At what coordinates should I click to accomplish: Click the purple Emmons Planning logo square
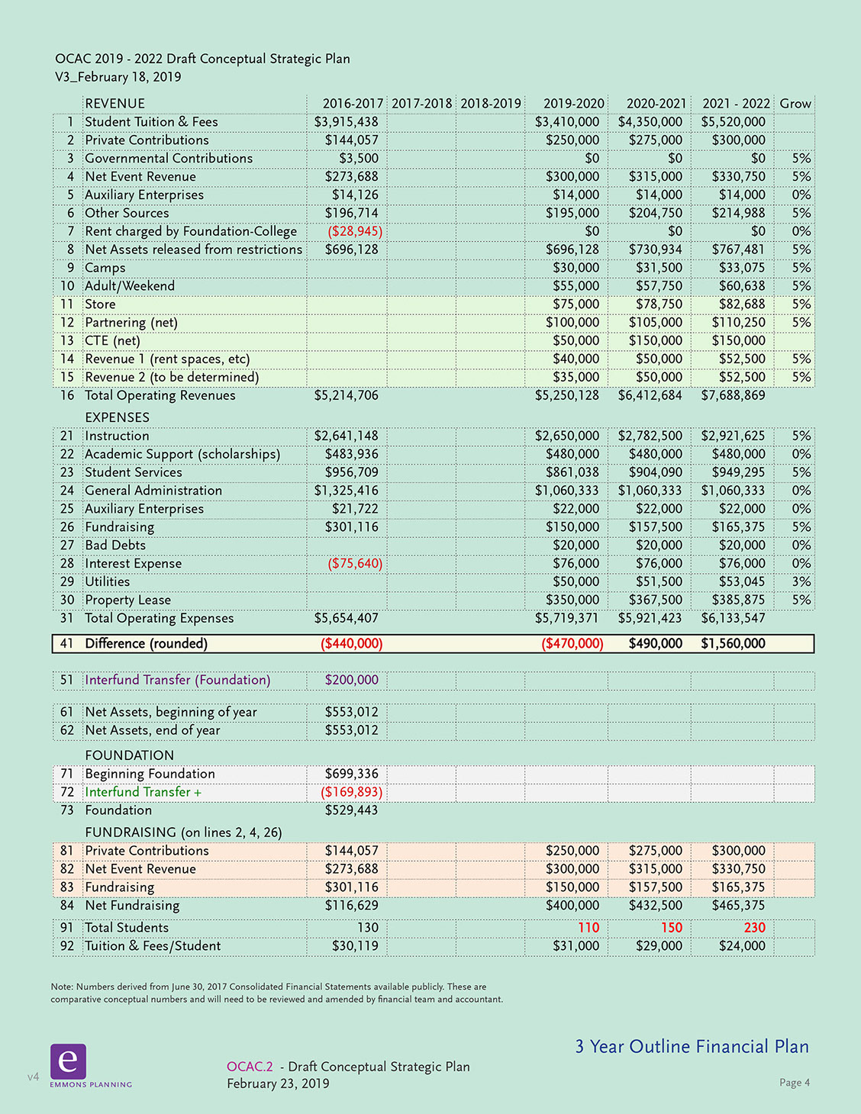68,1061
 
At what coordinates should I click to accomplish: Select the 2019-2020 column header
573,104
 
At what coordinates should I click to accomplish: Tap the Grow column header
795,104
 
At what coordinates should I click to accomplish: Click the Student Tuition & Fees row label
151,122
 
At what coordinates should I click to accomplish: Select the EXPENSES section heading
117,417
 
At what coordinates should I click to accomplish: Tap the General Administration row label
153,491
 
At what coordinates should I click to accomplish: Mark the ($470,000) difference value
572,644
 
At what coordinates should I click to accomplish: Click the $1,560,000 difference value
733,644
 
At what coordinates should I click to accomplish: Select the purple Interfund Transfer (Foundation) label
178,680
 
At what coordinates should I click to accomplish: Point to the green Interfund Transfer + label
143,792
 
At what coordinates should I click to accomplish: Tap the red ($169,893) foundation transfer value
351,792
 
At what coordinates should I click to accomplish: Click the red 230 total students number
754,928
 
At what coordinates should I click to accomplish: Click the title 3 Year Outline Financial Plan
692,1047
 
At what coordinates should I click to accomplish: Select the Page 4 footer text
794,1083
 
